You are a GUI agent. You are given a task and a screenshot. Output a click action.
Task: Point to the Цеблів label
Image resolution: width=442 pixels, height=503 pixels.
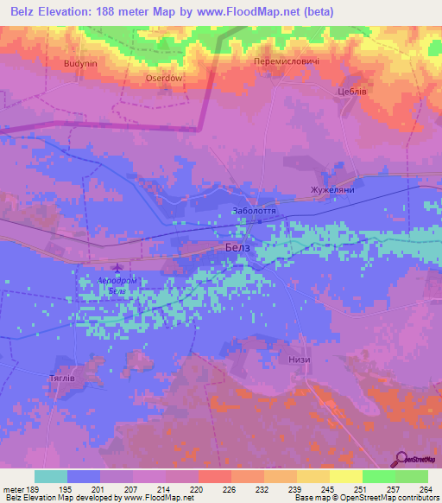click(351, 91)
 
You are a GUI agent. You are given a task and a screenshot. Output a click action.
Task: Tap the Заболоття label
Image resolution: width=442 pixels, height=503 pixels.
click(254, 210)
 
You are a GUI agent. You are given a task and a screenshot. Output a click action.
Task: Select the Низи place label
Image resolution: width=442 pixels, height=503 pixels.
click(300, 360)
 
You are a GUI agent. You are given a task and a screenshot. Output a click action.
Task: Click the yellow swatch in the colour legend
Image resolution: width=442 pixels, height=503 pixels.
click(345, 477)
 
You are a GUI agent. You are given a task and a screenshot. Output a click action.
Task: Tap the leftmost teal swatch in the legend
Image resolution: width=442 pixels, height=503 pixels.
click(51, 477)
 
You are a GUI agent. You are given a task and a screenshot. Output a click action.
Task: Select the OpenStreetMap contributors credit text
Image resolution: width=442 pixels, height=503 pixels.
click(387, 497)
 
